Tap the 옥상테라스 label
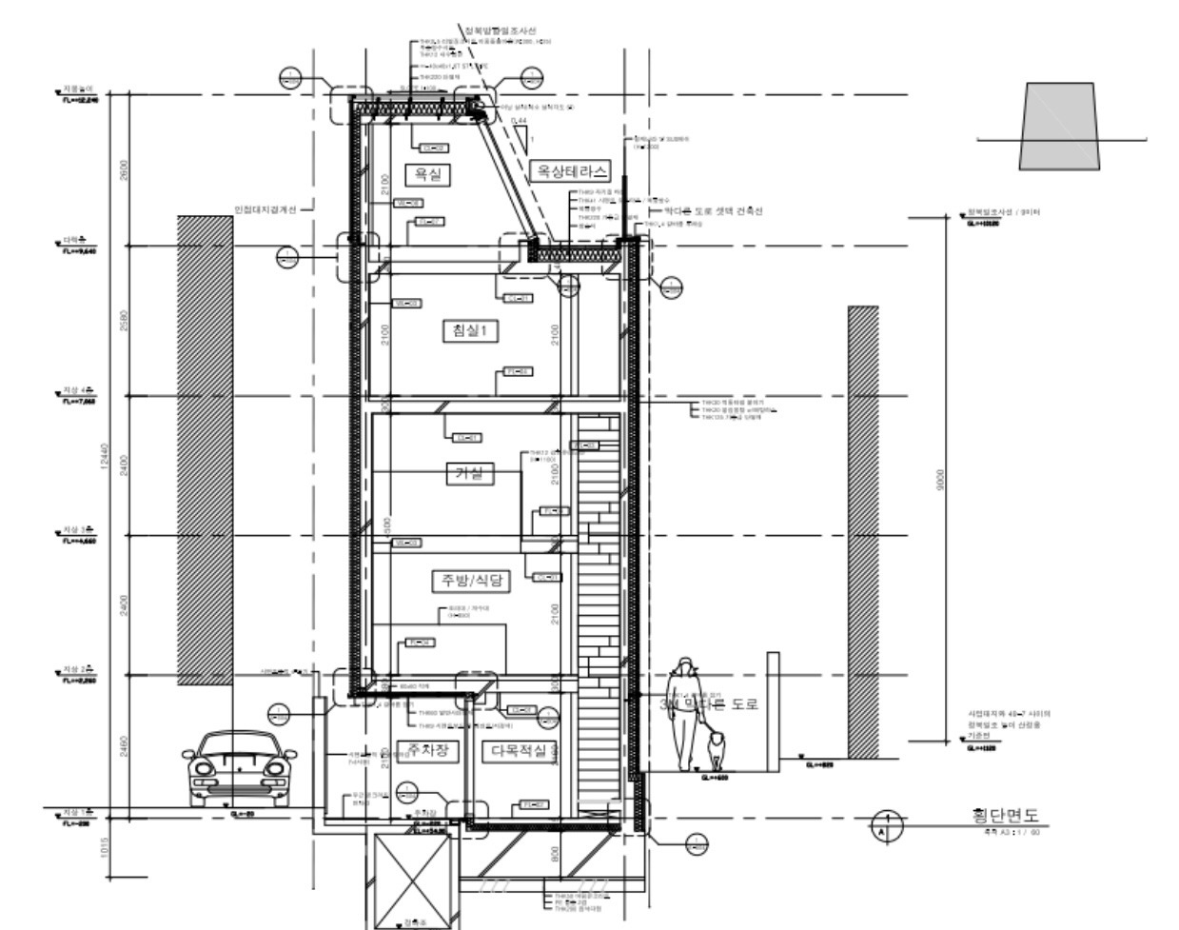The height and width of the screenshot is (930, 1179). (568, 170)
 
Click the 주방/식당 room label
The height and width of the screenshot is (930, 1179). (469, 581)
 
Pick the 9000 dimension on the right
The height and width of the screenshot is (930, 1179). (941, 480)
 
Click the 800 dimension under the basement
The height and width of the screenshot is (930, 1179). (556, 853)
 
